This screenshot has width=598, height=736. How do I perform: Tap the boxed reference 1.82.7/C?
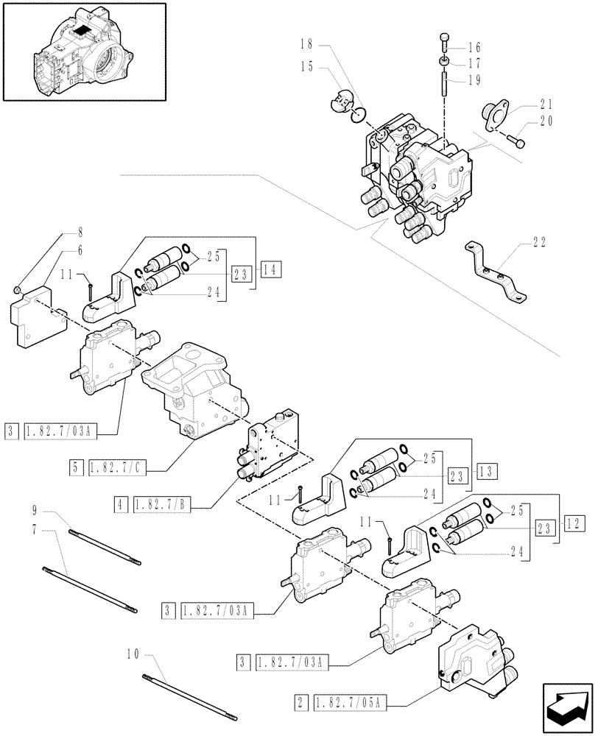pos(117,466)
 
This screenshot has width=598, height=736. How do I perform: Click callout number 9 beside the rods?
pos(35,509)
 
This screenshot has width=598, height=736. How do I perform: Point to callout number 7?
pos(35,528)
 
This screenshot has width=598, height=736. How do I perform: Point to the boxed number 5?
pos(77,466)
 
